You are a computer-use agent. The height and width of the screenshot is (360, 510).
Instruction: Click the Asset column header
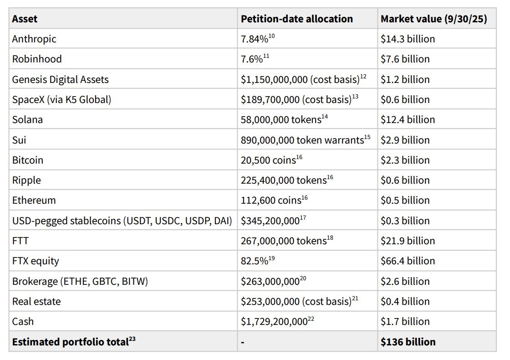pyautogui.click(x=25, y=19)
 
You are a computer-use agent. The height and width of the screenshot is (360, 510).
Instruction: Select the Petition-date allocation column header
pyautogui.click(x=296, y=19)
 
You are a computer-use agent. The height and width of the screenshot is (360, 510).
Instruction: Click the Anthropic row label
pyautogui.click(x=34, y=39)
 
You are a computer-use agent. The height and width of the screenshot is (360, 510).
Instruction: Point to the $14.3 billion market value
pyautogui.click(x=408, y=39)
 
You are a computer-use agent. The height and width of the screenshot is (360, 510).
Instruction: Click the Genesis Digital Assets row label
pyautogui.click(x=60, y=79)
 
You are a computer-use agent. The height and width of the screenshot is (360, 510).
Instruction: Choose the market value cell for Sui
pyautogui.click(x=405, y=140)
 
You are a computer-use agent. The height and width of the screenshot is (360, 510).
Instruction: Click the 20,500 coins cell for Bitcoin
pyautogui.click(x=269, y=160)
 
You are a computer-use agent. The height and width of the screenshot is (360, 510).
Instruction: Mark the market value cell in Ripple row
pyautogui.click(x=405, y=180)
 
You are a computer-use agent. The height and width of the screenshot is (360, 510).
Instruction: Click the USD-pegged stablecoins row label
pyautogui.click(x=122, y=221)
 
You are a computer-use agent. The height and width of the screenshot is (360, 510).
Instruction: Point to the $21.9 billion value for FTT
pyautogui.click(x=408, y=241)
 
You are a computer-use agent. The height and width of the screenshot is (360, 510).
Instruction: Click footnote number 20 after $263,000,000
pyautogui.click(x=303, y=278)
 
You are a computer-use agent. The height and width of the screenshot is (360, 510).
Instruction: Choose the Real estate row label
pyautogui.click(x=36, y=301)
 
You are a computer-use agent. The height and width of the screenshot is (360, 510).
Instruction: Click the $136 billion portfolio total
pyautogui.click(x=408, y=342)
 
